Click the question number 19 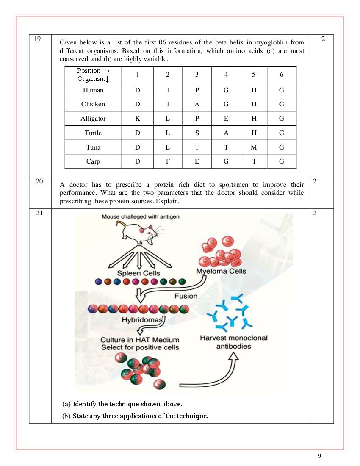pyautogui.click(x=37, y=39)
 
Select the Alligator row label pyautogui.click(x=93, y=119)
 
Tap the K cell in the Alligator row pyautogui.click(x=138, y=119)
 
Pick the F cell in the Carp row pyautogui.click(x=168, y=161)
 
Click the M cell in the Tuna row pyautogui.click(x=254, y=147)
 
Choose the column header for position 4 pyautogui.click(x=226, y=75)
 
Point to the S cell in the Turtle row pyautogui.click(x=197, y=133)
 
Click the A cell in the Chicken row pyautogui.click(x=197, y=104)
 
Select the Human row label pyautogui.click(x=93, y=90)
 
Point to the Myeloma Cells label pyautogui.click(x=221, y=271)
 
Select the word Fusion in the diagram pyautogui.click(x=186, y=296)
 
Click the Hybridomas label pyautogui.click(x=142, y=320)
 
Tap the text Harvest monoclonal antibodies pyautogui.click(x=233, y=342)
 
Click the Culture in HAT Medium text pyautogui.click(x=140, y=340)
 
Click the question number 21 pyautogui.click(x=39, y=213)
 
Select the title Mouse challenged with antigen pyautogui.click(x=140, y=216)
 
